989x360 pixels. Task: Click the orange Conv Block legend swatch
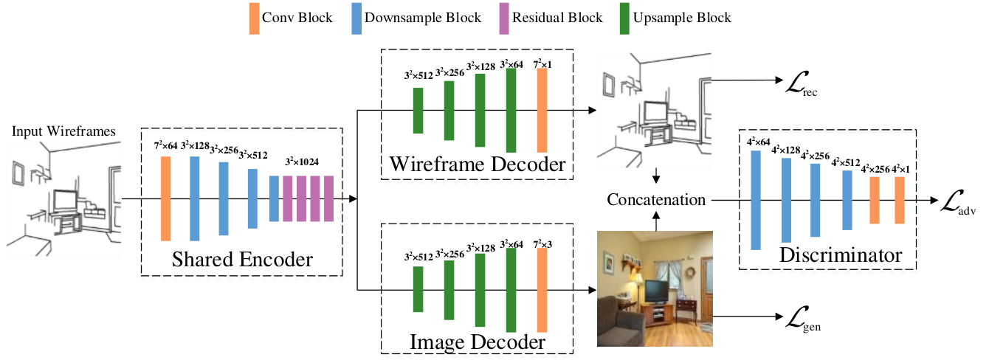[255, 18]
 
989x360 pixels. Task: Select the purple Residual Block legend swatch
[504, 18]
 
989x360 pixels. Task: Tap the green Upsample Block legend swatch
[624, 18]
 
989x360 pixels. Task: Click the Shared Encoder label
[242, 259]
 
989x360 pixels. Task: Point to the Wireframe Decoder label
[478, 164]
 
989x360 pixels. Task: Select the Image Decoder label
[478, 342]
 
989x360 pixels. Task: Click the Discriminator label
[841, 255]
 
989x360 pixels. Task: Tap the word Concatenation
[656, 199]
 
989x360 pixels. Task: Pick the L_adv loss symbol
[957, 203]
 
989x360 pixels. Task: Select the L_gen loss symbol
[803, 319]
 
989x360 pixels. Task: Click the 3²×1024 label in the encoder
[302, 162]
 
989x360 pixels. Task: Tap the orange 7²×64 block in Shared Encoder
[165, 198]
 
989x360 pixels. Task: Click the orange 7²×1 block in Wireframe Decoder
[542, 111]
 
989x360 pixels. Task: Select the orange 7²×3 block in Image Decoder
[542, 290]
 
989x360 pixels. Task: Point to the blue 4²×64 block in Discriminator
[756, 201]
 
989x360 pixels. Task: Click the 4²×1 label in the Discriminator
[900, 169]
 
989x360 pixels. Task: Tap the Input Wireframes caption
[63, 131]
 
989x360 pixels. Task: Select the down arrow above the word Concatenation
[656, 176]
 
